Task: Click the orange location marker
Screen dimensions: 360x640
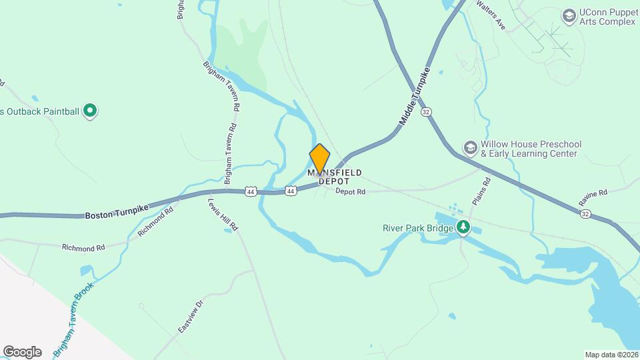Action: coord(320,159)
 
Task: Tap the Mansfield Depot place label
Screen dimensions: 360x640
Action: coord(335,177)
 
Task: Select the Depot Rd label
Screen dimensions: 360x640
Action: coord(351,192)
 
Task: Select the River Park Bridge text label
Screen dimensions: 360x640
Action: coord(418,228)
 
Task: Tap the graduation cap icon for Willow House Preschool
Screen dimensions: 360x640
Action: coord(470,147)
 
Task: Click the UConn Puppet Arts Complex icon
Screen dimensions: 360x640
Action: coord(569,15)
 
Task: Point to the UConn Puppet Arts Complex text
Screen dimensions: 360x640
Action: coord(607,17)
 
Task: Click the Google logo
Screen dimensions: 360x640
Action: coord(22,352)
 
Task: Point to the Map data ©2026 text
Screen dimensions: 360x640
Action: coord(610,355)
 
